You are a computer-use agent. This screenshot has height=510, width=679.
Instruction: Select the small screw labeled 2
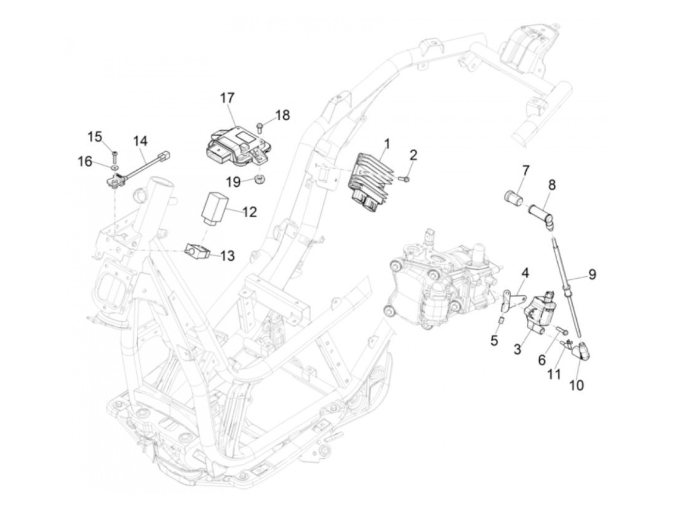tap(406, 179)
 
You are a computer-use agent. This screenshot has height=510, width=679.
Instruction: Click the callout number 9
tap(592, 275)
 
